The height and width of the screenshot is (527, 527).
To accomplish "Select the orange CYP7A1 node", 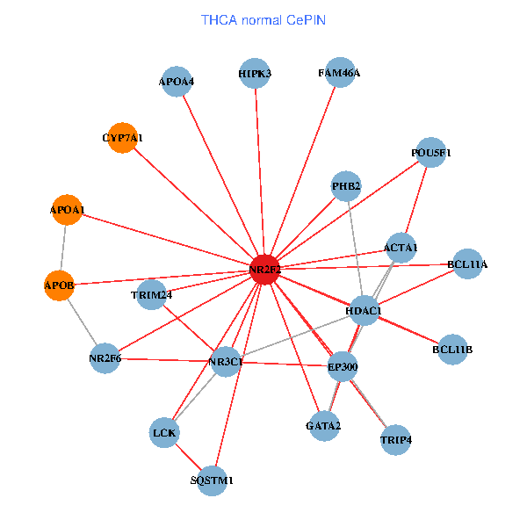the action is click(122, 138).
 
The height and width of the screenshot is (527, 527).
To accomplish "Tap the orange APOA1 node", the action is click(67, 210).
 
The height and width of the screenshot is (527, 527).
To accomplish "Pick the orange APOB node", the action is click(59, 285).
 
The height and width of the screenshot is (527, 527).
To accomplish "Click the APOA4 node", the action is click(177, 82).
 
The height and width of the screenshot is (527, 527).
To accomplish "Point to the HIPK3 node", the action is click(255, 74).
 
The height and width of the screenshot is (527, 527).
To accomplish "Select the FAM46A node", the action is click(339, 73).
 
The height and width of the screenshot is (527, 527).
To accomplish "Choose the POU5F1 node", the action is click(430, 153).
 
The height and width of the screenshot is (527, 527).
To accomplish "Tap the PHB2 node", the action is click(346, 186).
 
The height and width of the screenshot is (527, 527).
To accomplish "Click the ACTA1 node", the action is click(401, 248).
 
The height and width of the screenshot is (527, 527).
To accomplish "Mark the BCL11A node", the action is click(467, 263).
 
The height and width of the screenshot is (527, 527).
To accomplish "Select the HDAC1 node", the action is click(363, 311).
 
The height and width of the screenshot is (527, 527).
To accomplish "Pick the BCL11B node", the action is click(452, 350).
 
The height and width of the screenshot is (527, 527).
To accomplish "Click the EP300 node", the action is click(343, 365).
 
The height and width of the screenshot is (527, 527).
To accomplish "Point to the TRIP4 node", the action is click(396, 438).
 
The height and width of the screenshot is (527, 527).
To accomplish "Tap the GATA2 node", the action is click(323, 426).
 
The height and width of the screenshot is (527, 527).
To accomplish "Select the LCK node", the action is click(164, 432).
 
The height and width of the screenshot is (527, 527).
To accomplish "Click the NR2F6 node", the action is click(105, 358).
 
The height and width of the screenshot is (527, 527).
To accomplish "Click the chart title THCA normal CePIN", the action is click(263, 19).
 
